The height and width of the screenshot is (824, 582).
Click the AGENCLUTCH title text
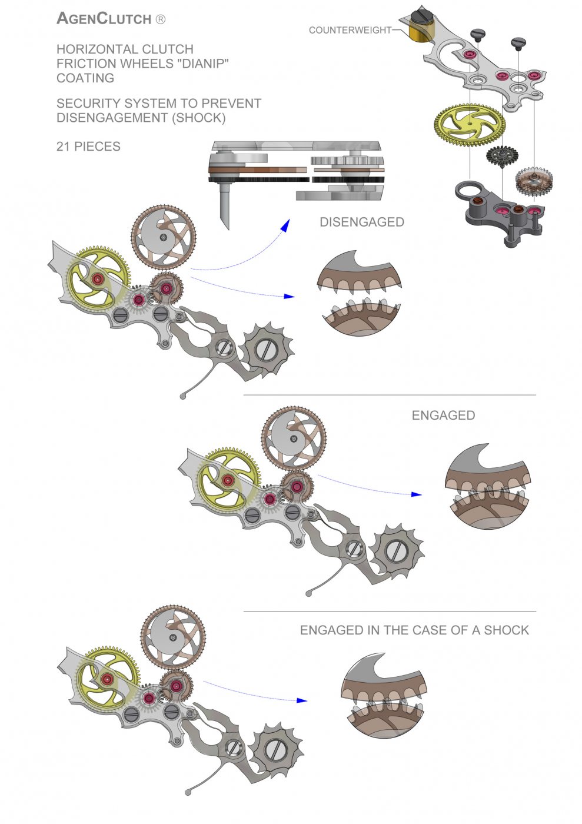(x=104, y=18)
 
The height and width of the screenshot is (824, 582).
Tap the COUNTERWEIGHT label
(x=350, y=29)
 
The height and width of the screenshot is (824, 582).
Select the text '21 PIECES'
(x=88, y=147)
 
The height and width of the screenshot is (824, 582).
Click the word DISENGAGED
(x=361, y=222)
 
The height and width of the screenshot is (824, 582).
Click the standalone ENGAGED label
(x=443, y=416)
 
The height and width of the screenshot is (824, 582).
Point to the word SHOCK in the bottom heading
(x=506, y=630)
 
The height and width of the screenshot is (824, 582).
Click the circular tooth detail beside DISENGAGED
(x=359, y=294)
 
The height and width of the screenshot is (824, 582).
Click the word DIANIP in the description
(x=201, y=64)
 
